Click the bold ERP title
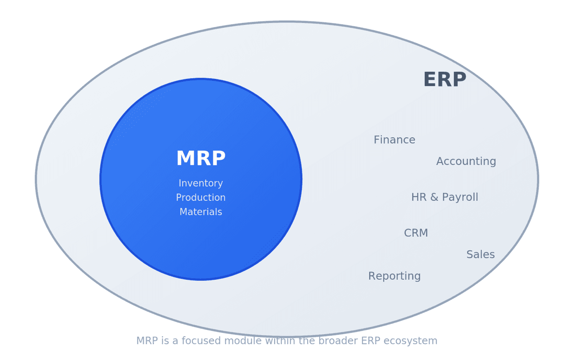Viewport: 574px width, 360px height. pos(444,80)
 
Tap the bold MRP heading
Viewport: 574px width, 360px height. pos(200,159)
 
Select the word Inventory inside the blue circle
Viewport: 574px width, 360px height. pos(200,184)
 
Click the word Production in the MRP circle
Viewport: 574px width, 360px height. pos(200,198)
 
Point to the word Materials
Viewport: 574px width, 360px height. pos(200,212)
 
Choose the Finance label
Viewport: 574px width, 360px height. pos(394,140)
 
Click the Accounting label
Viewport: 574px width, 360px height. pos(466,162)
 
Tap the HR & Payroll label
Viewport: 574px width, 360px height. pos(444,197)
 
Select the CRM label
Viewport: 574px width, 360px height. pos(416,233)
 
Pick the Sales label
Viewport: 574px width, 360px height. pos(480,255)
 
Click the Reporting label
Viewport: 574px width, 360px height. pos(394,276)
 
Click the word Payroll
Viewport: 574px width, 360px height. pos(461,197)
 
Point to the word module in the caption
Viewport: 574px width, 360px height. pos(226,341)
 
